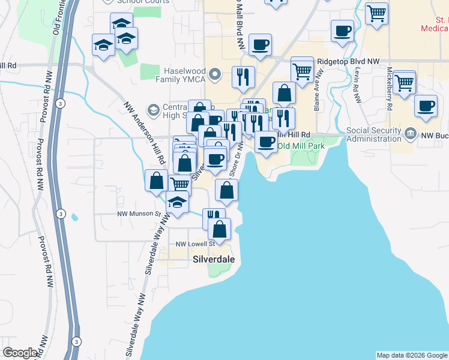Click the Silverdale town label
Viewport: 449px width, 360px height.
pyautogui.click(x=214, y=259)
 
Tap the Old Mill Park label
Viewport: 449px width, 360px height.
pyautogui.click(x=301, y=146)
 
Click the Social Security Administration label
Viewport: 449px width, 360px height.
pyautogui.click(x=373, y=135)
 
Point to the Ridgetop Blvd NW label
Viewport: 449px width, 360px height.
pyautogui.click(x=348, y=61)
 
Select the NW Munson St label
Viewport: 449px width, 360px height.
pyautogui.click(x=139, y=214)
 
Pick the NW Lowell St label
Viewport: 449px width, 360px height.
pyautogui.click(x=194, y=244)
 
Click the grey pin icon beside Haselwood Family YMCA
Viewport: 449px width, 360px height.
pyautogui.click(x=218, y=74)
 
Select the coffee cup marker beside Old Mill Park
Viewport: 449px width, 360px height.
pyautogui.click(x=266, y=142)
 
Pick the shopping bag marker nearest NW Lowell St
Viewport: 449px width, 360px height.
pyautogui.click(x=220, y=228)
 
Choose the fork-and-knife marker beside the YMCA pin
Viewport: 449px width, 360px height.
pyautogui.click(x=243, y=76)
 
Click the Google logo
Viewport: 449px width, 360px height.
pyautogui.click(x=20, y=353)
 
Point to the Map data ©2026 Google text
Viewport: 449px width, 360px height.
pyautogui.click(x=412, y=355)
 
